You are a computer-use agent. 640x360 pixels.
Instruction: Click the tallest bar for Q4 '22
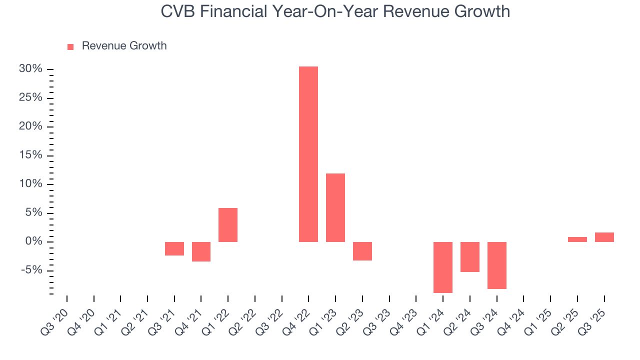pos(308,154)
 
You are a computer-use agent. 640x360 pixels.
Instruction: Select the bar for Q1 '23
pos(335,207)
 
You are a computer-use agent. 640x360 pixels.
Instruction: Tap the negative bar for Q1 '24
pos(443,267)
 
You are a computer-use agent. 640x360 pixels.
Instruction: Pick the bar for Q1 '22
pos(228,225)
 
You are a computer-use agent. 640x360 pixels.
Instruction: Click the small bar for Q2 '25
pos(577,239)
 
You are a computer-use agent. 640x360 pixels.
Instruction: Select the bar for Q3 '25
pos(604,237)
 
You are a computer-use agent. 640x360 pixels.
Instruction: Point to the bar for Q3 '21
pos(174,248)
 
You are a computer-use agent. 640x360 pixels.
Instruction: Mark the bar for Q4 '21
pos(201,251)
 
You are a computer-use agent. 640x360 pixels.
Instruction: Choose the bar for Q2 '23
pos(362,251)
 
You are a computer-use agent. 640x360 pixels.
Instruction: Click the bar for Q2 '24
pos(470,257)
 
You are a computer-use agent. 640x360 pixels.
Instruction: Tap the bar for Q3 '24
pos(497,265)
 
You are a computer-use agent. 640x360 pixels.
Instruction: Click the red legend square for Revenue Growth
pos(70,46)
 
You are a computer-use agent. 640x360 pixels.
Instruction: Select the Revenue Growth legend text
pos(124,46)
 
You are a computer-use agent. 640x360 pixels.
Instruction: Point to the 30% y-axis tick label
pos(30,69)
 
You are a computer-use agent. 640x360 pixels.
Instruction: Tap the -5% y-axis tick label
pos(32,271)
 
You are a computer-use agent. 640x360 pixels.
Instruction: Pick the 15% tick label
pos(30,155)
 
